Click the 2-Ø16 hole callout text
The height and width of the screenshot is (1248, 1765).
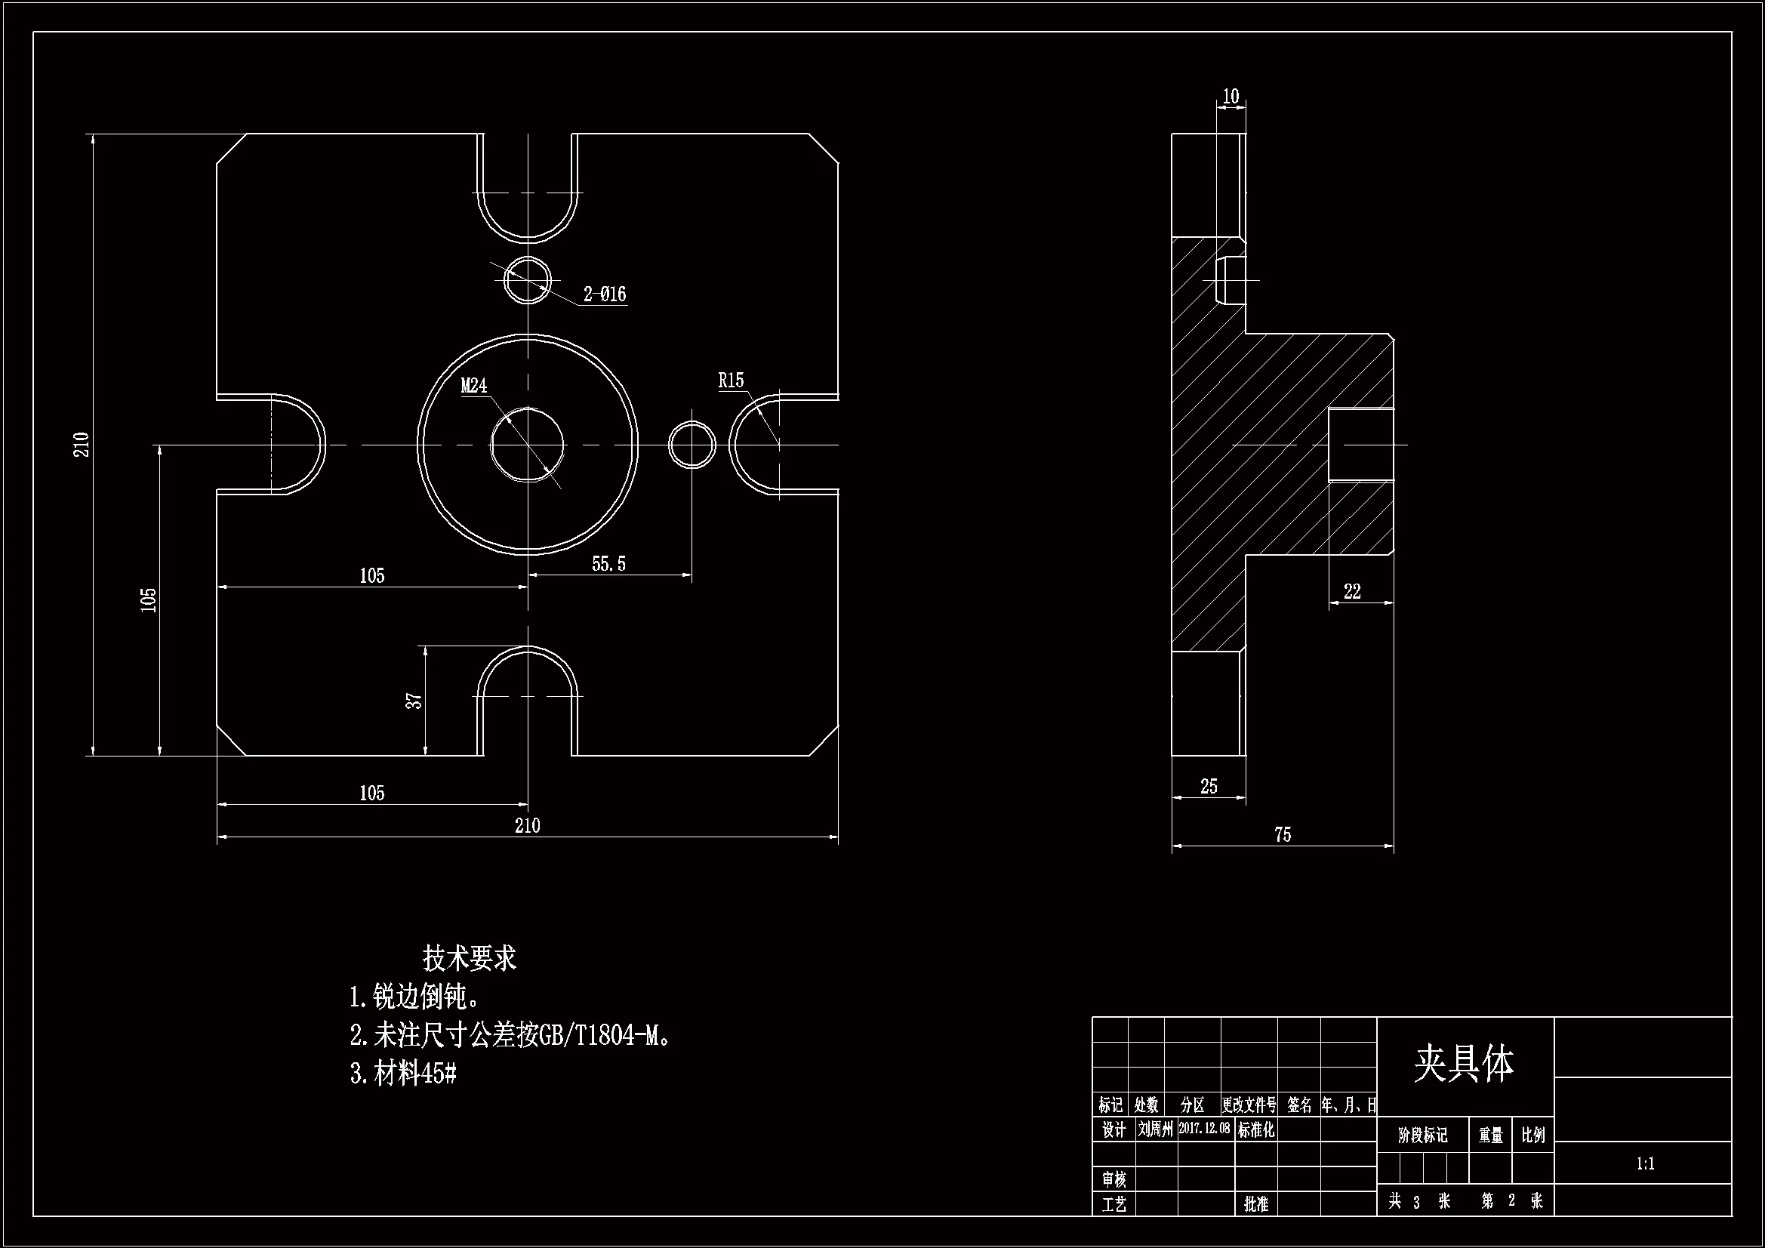[x=604, y=294]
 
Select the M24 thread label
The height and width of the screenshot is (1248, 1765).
[x=473, y=386]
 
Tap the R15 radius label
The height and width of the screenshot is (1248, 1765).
[x=731, y=381]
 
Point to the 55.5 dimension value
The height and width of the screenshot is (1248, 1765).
[x=608, y=565]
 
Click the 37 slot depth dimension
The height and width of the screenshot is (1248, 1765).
[x=414, y=701]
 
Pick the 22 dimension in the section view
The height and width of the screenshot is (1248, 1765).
[x=1352, y=591]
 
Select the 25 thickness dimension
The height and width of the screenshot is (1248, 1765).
[x=1209, y=787]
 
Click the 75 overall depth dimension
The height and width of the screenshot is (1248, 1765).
[x=1283, y=835]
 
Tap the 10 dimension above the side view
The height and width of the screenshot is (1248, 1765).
[x=1231, y=97]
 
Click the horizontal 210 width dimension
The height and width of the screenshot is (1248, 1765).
[x=528, y=826]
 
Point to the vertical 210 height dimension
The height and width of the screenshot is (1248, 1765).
[x=82, y=445]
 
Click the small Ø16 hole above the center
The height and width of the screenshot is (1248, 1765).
[x=528, y=281]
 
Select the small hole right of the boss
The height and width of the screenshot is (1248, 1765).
[x=692, y=445]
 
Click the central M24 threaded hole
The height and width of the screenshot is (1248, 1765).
[x=528, y=445]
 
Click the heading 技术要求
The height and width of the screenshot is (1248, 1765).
[x=469, y=958]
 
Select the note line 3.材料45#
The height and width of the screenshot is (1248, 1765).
[x=404, y=1074]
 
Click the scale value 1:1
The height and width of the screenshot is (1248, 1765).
[x=1645, y=1164]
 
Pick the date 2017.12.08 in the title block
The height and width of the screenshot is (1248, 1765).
[x=1204, y=1128]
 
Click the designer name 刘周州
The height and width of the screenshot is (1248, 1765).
[x=1155, y=1129]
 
